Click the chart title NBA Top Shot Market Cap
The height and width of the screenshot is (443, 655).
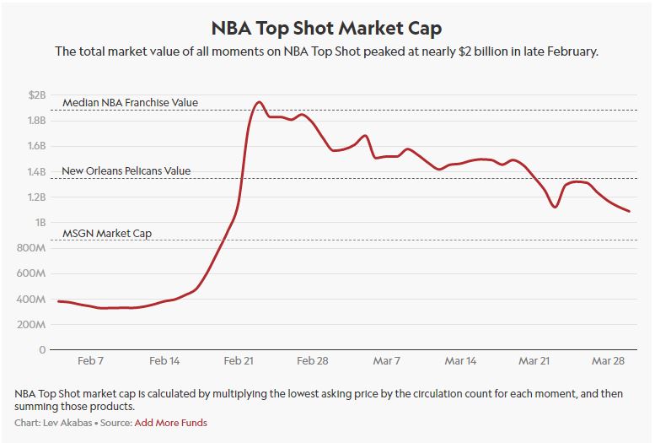pos(327,29)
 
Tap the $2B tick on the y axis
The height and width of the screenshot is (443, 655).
pos(37,95)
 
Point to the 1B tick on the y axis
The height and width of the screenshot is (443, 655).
pos(40,223)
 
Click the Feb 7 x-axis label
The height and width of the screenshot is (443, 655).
pos(89,360)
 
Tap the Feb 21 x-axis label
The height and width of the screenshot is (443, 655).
pos(239,360)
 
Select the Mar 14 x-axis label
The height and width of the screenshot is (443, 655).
pos(460,360)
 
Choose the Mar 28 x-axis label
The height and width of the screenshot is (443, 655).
pos(609,360)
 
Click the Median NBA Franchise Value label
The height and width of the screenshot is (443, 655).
pos(130,103)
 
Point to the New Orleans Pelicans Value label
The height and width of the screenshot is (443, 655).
pos(126,171)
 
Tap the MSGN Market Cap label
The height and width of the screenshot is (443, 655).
pos(107,233)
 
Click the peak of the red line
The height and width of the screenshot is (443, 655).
pos(259,102)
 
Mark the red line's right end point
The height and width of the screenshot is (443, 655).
pos(629,211)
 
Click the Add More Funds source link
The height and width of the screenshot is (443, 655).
pos(171,422)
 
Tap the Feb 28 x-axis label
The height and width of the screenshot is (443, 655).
pos(313,360)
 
